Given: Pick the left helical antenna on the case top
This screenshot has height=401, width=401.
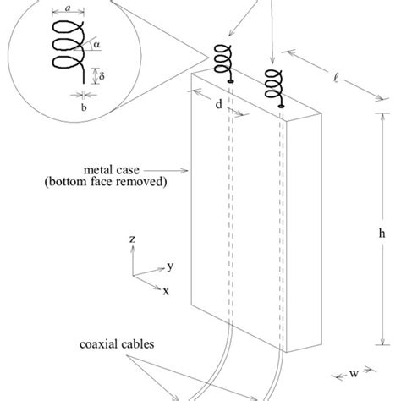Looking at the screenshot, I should tap(222, 61).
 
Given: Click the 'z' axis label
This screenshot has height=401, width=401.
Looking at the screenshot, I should tap(133, 240).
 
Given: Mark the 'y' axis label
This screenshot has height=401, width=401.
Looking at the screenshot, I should tap(170, 266).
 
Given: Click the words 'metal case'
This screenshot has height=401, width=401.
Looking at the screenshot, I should tap(131, 168).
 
